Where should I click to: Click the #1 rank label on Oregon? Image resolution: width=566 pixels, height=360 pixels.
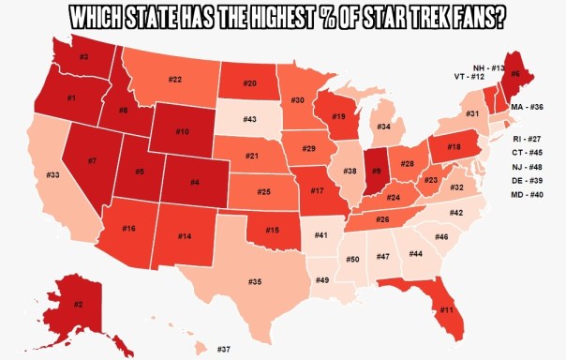[71, 98]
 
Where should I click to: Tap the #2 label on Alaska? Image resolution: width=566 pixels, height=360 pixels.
[79, 304]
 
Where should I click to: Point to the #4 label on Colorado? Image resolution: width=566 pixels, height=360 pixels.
[193, 181]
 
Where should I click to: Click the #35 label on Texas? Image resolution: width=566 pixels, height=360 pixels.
[254, 281]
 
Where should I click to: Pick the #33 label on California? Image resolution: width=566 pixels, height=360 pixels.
[53, 175]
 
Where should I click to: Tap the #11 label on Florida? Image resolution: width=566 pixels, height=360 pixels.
[447, 309]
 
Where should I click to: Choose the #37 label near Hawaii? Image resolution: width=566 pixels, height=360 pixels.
[224, 349]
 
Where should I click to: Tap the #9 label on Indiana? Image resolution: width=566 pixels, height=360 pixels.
[376, 172]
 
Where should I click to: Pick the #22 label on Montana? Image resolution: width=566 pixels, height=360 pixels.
[175, 80]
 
